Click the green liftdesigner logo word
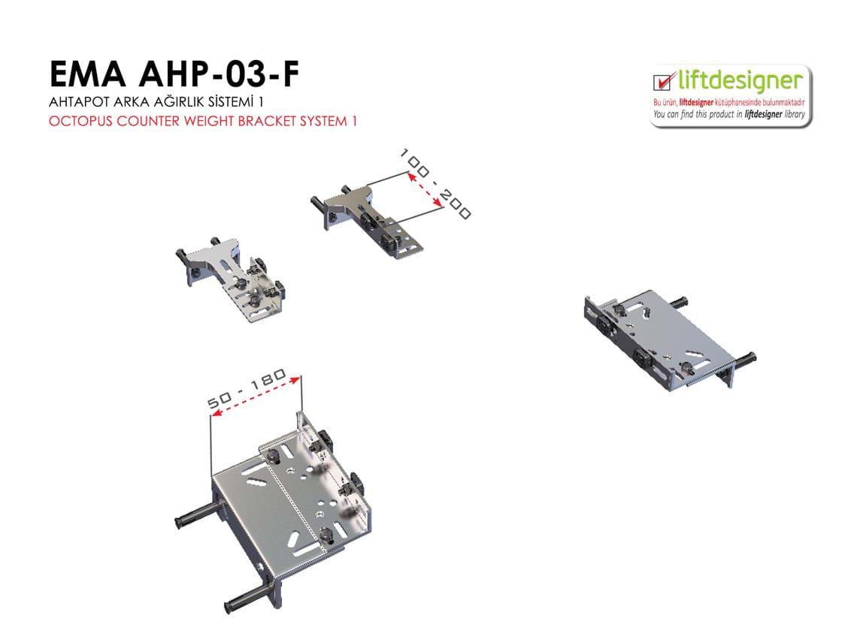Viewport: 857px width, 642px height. [740, 81]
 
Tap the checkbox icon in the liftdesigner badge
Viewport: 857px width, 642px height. [662, 81]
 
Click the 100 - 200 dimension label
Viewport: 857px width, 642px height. [435, 183]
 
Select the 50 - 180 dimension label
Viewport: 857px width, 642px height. [247, 388]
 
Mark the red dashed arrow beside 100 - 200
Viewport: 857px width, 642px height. [425, 189]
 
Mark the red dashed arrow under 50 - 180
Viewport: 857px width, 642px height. [256, 396]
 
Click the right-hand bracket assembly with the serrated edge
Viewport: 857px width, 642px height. [670, 339]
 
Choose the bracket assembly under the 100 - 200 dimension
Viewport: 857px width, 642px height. [368, 220]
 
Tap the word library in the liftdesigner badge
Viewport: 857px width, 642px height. [795, 115]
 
